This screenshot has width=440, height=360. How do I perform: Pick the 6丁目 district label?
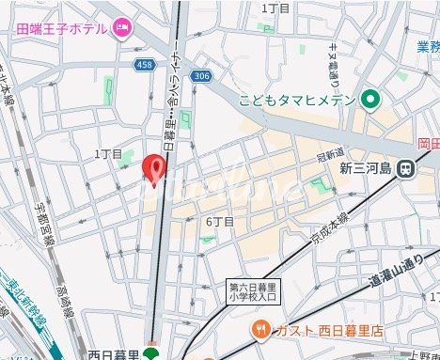click(220, 222)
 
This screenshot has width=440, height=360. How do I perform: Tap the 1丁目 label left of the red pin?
click(109, 153)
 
